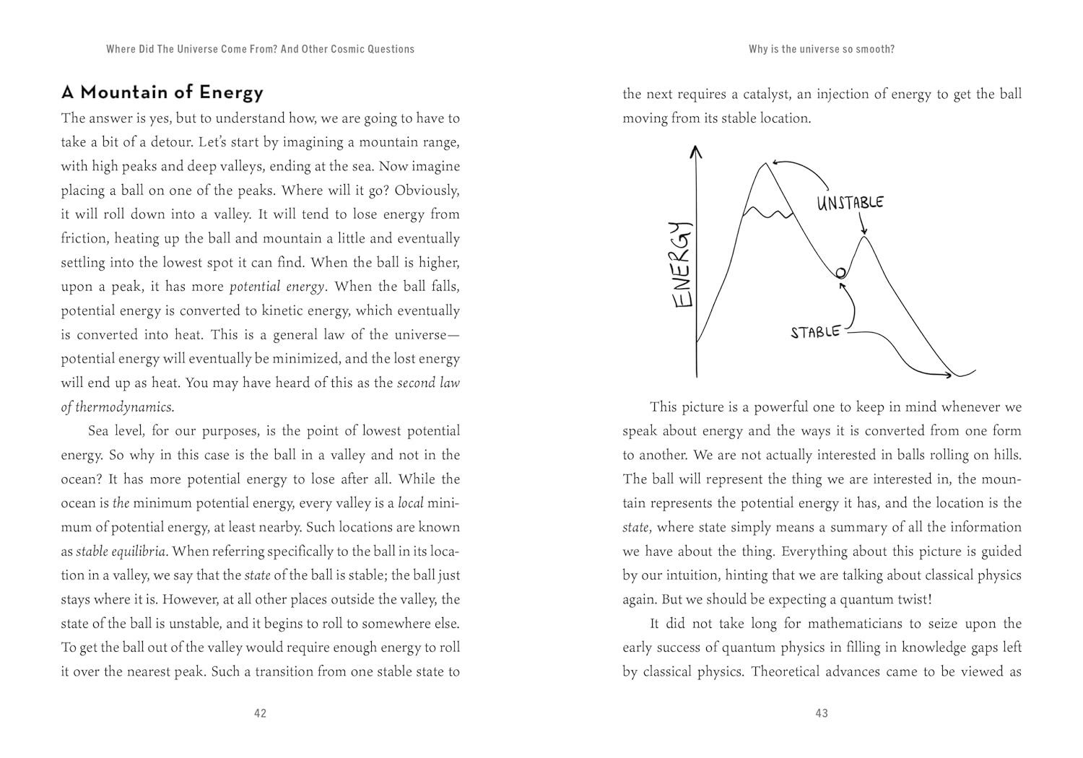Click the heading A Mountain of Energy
162,92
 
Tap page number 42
261,713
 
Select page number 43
822,713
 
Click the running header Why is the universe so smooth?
822,49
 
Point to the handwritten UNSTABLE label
850,202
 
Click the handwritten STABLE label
815,332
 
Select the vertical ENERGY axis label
682,265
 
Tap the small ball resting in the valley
840,273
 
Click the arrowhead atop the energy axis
696,151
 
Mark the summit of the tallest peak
765,164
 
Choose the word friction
83,238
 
